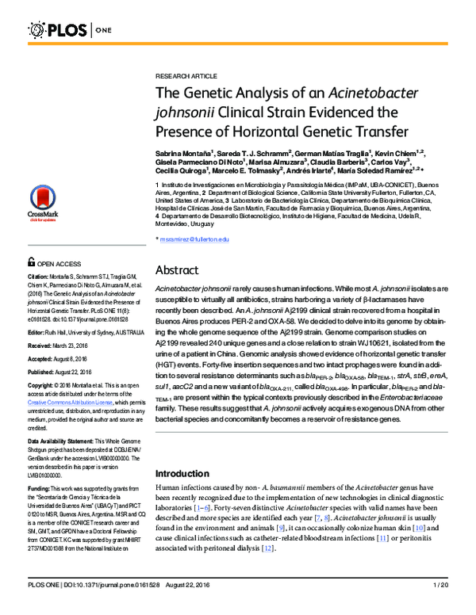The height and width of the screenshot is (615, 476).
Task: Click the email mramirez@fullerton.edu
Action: click(x=194, y=239)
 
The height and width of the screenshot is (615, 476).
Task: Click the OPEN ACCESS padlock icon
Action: click(x=30, y=261)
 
